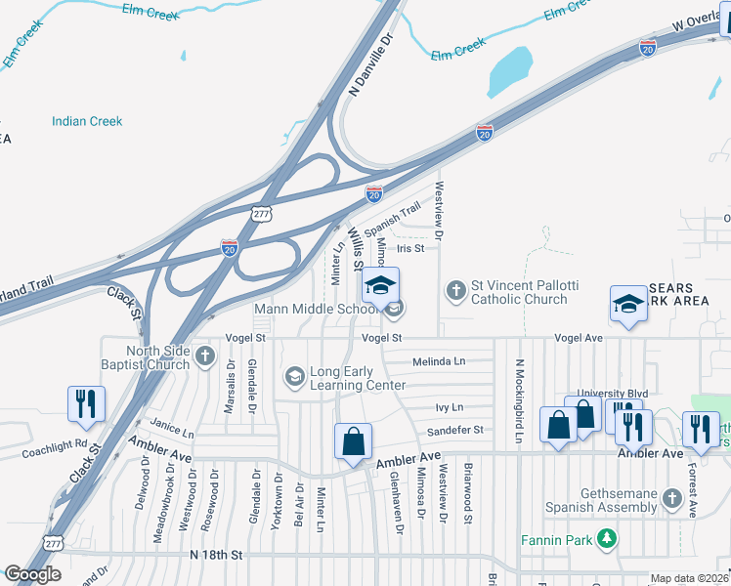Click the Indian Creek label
[87, 121]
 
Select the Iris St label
[410, 248]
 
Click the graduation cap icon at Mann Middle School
[380, 285]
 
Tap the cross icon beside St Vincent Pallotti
[455, 290]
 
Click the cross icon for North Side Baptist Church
[205, 355]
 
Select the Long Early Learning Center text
[358, 378]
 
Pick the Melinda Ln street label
[439, 360]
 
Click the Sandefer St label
[455, 430]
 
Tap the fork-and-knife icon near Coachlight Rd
[86, 402]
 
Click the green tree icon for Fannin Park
[608, 538]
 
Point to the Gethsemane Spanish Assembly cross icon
[670, 499]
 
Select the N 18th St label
[216, 555]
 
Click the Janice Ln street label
[173, 430]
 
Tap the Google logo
[33, 575]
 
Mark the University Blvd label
[612, 394]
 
